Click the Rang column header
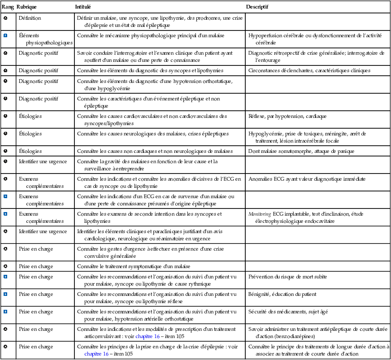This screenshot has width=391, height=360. tap(7, 8)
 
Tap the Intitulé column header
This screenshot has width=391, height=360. tap(83, 8)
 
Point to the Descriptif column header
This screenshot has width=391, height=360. tap(257, 8)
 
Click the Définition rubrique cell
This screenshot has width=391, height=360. tap(30, 18)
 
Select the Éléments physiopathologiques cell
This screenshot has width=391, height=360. tap(45, 39)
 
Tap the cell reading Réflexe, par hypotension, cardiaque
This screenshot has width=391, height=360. tap(287, 117)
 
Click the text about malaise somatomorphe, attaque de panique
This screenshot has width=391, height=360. tap(301, 152)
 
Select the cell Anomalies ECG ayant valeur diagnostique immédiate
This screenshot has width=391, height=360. tap(307, 179)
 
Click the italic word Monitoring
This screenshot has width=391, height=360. tap(260, 214)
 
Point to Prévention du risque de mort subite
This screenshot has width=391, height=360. tap(287, 277)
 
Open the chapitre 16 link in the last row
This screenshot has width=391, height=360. tap(96, 354)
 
